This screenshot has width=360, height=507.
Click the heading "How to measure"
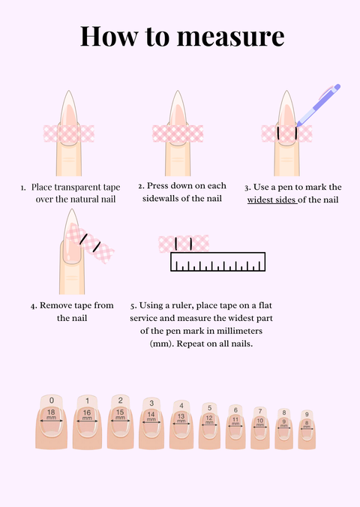(180, 37)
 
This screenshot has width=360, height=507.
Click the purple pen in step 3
(319, 106)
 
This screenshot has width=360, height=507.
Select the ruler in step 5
(218, 261)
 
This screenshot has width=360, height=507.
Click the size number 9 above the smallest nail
(306, 414)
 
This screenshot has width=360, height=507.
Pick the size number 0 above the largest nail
(51, 400)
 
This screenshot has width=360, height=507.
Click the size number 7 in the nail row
(259, 411)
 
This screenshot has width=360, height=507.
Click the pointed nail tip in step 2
(178, 95)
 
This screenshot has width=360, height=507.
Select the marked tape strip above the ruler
(184, 243)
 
